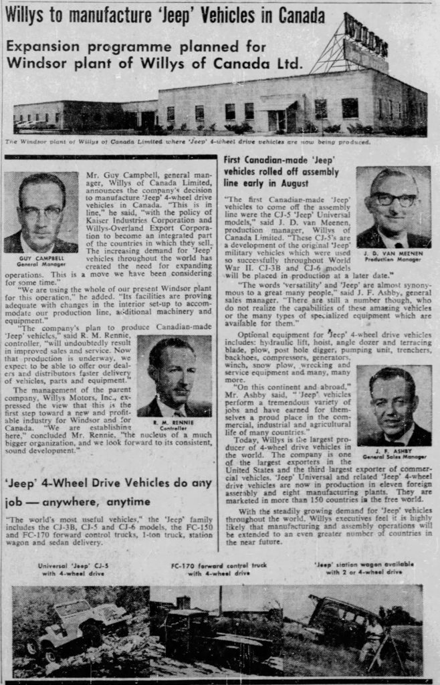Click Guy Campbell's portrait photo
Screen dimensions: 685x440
[40, 212]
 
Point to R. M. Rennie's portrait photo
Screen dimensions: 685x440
[174, 377]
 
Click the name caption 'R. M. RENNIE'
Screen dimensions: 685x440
[174, 423]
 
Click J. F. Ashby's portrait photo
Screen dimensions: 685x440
[393, 405]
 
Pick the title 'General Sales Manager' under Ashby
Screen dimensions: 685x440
[394, 457]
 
